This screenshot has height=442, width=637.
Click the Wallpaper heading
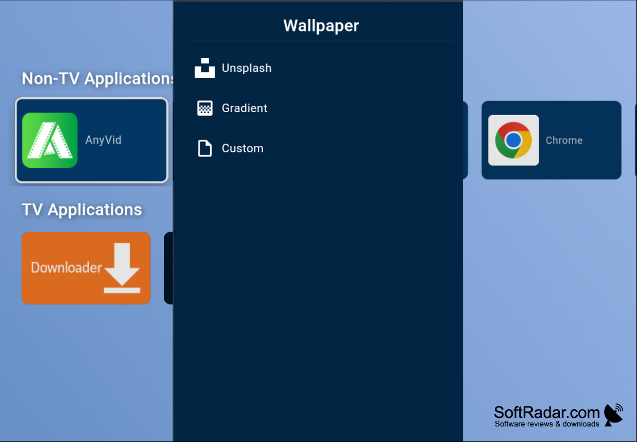[x=321, y=25]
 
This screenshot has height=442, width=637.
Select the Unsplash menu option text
[x=247, y=68]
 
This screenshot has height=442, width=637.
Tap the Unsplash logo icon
[x=205, y=68]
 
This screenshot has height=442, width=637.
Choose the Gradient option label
[x=245, y=108]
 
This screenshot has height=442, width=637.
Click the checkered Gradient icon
[x=205, y=109]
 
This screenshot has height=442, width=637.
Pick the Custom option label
[x=242, y=148]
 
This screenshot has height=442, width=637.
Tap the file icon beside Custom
[x=205, y=148]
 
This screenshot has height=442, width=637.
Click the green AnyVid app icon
[x=49, y=140]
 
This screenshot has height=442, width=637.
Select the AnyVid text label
[x=103, y=140]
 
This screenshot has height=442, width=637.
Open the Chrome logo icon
[x=513, y=140]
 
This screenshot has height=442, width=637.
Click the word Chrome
[x=564, y=140]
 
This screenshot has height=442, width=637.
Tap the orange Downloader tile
[x=86, y=268]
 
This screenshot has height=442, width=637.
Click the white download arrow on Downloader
[x=122, y=268]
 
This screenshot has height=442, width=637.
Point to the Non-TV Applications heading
[x=97, y=78]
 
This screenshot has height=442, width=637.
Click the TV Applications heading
[x=82, y=210]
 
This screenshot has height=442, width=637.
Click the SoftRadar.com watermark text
[x=547, y=412]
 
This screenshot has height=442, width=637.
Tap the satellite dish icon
[x=613, y=415]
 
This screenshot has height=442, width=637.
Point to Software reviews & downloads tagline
[x=547, y=424]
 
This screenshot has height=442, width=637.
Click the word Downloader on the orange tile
[x=66, y=267]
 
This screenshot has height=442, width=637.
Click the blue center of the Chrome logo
[x=513, y=140]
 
